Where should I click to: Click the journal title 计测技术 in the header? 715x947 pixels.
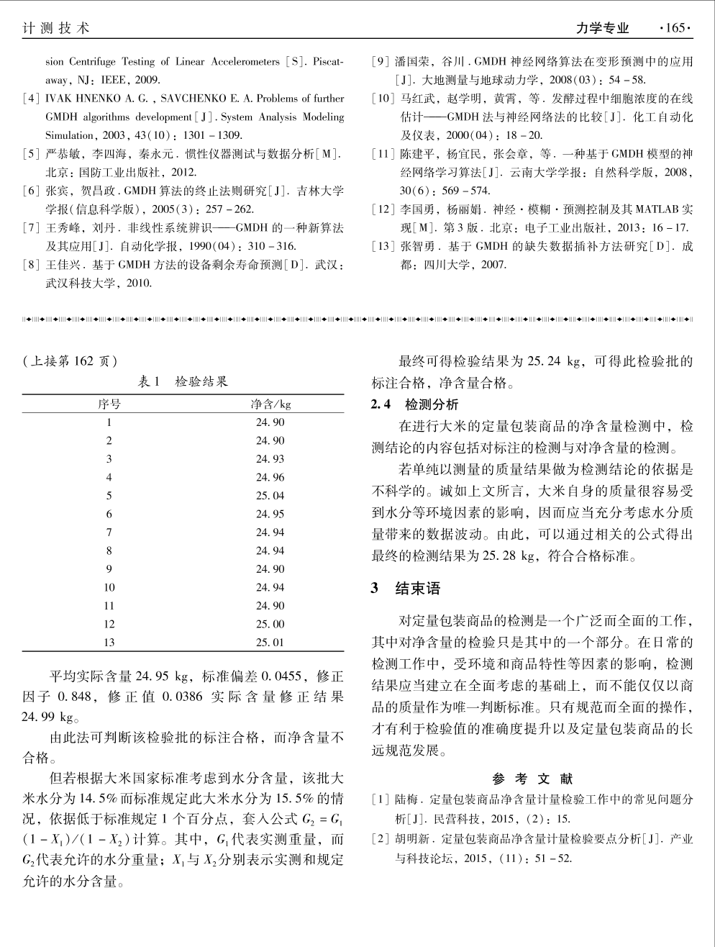coord(56,28)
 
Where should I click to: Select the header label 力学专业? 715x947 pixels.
coord(603,28)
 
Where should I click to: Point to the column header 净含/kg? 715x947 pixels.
coord(270,404)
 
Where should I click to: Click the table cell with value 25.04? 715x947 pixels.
coord(270,496)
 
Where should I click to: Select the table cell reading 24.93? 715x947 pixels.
coord(270,459)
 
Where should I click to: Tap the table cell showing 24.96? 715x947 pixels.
coord(270,477)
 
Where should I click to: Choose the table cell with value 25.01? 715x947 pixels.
coord(270,643)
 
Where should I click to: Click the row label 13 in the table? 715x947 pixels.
coord(109,643)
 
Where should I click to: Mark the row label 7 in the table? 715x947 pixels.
coord(109,533)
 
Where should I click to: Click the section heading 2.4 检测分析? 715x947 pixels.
coord(414,404)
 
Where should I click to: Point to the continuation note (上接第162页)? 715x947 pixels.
coord(70,361)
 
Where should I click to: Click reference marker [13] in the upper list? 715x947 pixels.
coord(383,246)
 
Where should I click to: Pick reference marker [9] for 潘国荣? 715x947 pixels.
coord(381,62)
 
